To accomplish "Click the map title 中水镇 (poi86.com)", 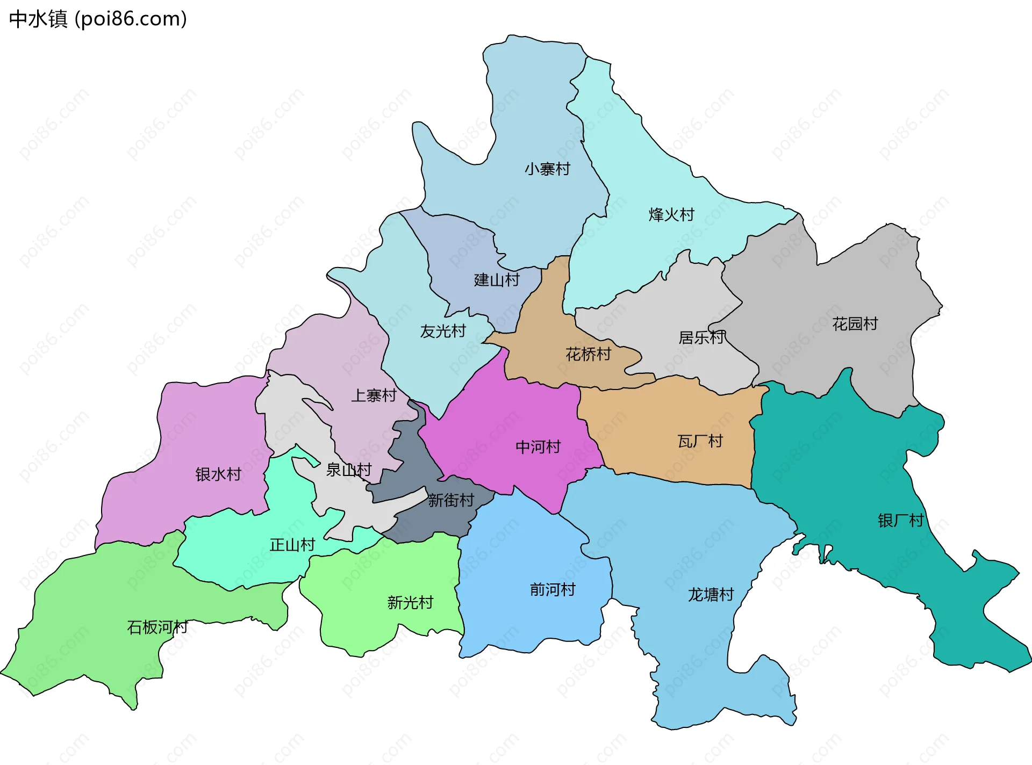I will (98, 19).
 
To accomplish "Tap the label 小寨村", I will (547, 169).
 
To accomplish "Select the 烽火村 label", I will (671, 215).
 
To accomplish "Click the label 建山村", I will (497, 280).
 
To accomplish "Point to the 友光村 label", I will (443, 331).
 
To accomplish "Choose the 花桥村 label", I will (588, 355).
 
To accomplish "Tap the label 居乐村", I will (701, 338).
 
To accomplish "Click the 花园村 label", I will (855, 324).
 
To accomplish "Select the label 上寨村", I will (374, 396).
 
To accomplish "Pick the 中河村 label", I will (537, 447).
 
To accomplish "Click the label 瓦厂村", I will (700, 442).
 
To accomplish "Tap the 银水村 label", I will (218, 474).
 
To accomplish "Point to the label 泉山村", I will (349, 470).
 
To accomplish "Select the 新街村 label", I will (451, 501).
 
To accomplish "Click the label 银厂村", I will (900, 521).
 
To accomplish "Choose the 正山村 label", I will (292, 545).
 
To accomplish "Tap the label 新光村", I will (410, 603).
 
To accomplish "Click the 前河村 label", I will (553, 590).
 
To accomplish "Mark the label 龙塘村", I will (711, 595).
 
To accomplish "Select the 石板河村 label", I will (157, 627).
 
